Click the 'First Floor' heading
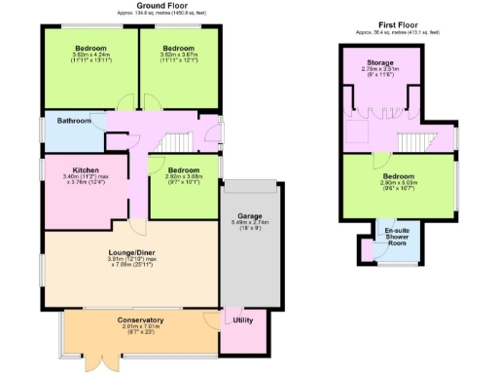point(399,24)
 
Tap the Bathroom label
point(74,121)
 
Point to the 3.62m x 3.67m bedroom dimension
point(178,56)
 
